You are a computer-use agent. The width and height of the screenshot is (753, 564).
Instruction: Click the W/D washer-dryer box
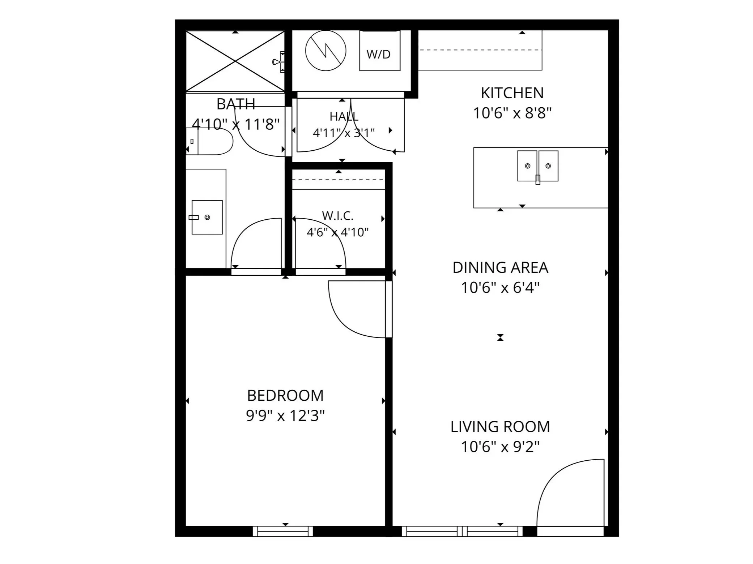(x=380, y=51)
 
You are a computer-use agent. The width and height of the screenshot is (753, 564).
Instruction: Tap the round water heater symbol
(x=326, y=51)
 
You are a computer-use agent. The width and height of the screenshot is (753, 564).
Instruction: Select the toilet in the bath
(x=209, y=141)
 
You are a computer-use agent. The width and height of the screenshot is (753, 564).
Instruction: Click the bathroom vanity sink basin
(x=207, y=217)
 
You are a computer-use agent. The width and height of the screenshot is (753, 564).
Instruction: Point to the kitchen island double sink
(x=538, y=166)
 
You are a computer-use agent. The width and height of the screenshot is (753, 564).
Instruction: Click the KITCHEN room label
(x=512, y=93)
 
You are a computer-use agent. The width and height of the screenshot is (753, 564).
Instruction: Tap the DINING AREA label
(x=500, y=268)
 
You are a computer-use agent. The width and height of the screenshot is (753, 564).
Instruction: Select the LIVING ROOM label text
(x=500, y=427)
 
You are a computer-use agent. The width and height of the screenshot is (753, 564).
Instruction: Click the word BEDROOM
(x=285, y=396)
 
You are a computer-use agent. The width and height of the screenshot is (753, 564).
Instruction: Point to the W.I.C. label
(x=338, y=216)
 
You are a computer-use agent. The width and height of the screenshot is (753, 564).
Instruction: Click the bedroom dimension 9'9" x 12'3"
(x=285, y=416)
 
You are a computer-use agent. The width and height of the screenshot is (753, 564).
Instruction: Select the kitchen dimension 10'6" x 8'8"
(x=512, y=113)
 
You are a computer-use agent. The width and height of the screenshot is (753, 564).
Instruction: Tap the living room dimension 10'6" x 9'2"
(x=500, y=447)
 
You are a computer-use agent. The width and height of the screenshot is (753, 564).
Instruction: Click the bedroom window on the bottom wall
(x=283, y=531)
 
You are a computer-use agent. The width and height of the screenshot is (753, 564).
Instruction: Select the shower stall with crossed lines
(x=235, y=61)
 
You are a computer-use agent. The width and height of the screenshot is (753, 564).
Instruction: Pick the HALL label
(x=344, y=116)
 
